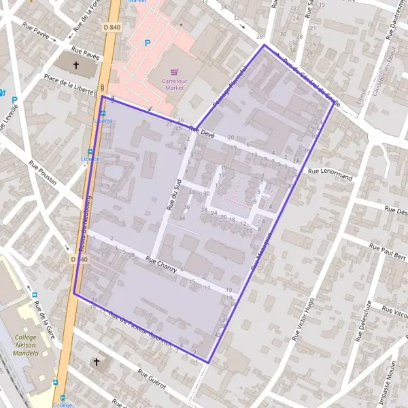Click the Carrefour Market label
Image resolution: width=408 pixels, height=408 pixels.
pyautogui.click(x=174, y=84)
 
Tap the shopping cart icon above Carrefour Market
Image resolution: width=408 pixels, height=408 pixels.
pyautogui.click(x=175, y=71)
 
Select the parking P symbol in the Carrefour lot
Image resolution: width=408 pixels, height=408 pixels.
pyautogui.click(x=147, y=43)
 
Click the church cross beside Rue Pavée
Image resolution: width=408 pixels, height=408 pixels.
pyautogui.click(x=75, y=65)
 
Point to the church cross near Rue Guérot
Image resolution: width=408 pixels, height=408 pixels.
pyautogui.click(x=96, y=362)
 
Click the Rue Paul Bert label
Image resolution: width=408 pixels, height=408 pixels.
pyautogui.click(x=388, y=250)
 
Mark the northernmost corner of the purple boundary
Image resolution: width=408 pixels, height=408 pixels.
pyautogui.click(x=265, y=45)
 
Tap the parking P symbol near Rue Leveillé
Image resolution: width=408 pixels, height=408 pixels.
pyautogui.click(x=14, y=99)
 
